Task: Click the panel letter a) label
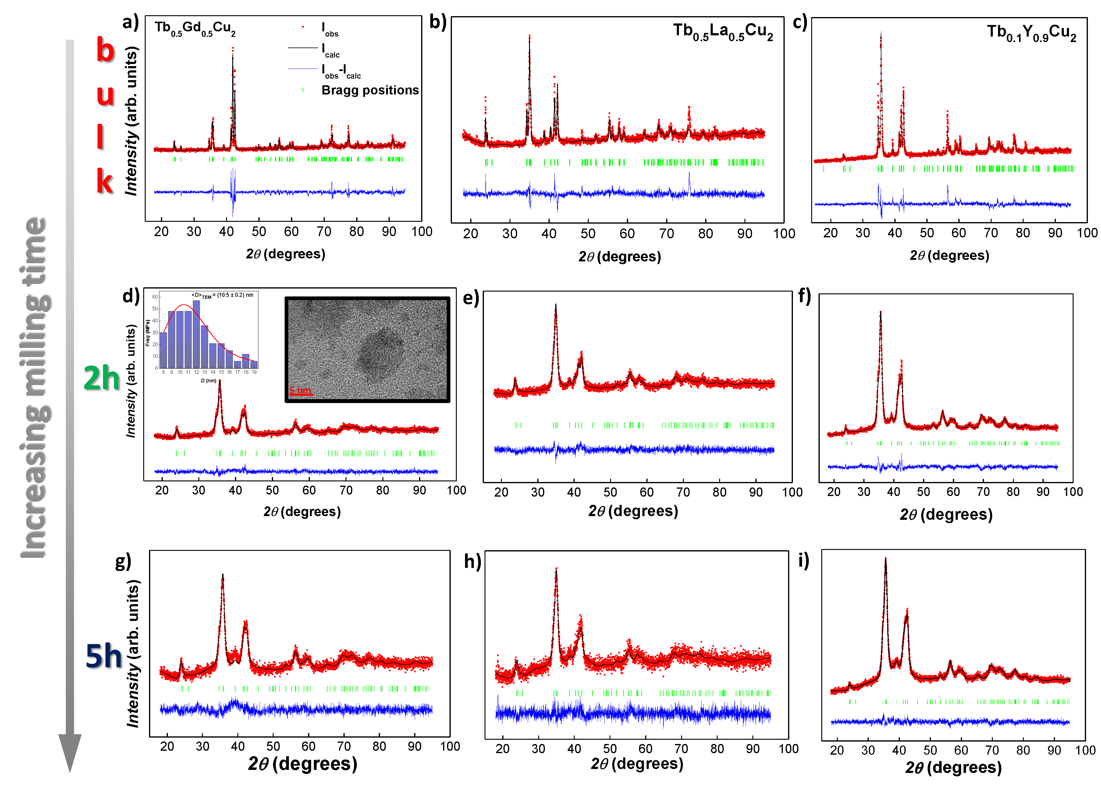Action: click(x=130, y=22)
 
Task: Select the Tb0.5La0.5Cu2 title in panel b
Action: click(x=722, y=32)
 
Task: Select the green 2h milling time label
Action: click(x=101, y=378)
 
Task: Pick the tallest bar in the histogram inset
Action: click(x=196, y=334)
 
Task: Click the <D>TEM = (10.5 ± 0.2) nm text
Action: click(x=222, y=295)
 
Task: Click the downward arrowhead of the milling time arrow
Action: click(x=70, y=752)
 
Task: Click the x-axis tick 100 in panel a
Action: click(x=421, y=232)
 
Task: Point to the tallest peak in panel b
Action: click(x=529, y=39)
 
